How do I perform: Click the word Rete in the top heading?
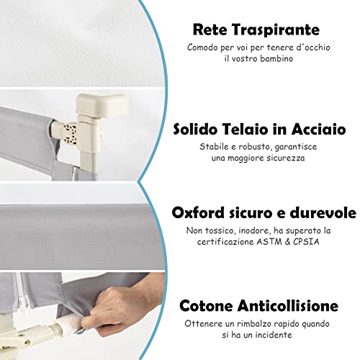pyautogui.click(x=210, y=30)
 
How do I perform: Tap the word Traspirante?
pyautogui.click(x=276, y=30)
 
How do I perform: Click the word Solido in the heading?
pyautogui.click(x=194, y=129)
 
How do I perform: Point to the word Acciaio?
pyautogui.click(x=319, y=129)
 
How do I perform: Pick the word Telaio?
pyautogui.click(x=245, y=129)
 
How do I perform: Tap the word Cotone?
pyautogui.click(x=206, y=305)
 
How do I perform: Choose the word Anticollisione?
pyautogui.click(x=288, y=305)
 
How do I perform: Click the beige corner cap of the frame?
pyautogui.click(x=102, y=104)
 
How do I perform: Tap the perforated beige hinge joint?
pyautogui.click(x=70, y=135)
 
